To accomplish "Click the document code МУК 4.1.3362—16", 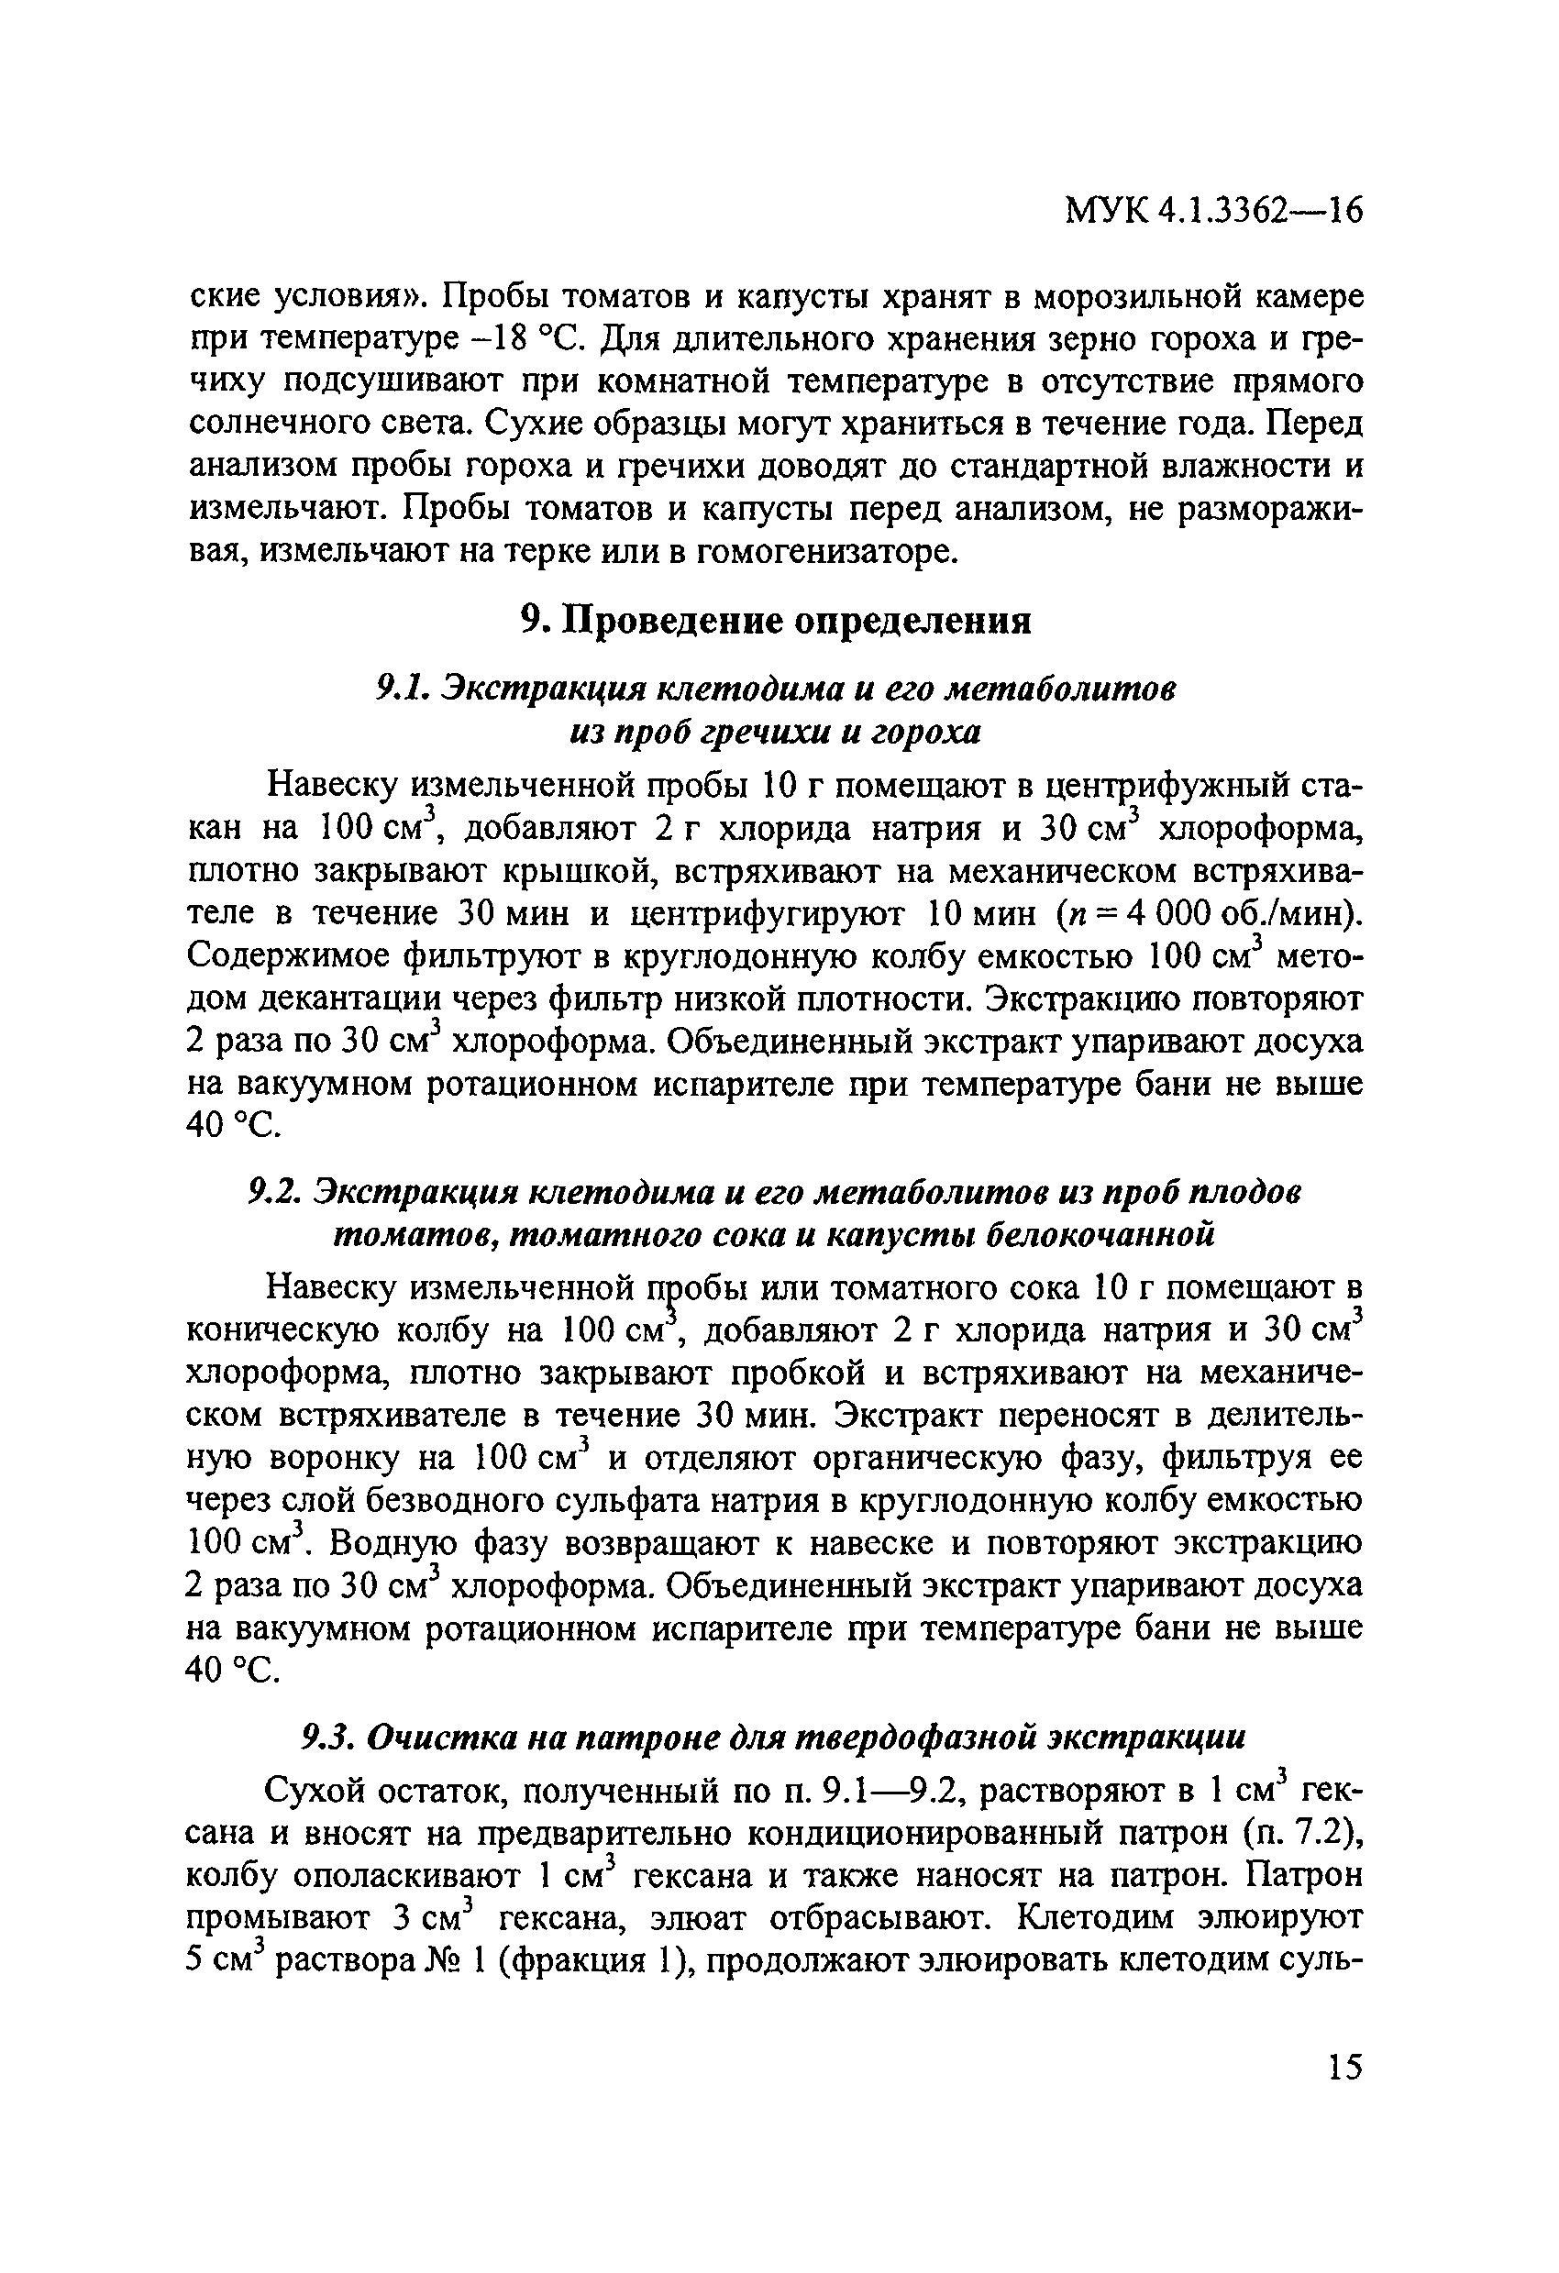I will pyautogui.click(x=1212, y=211).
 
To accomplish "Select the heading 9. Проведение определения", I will pyautogui.click(x=775, y=620).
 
